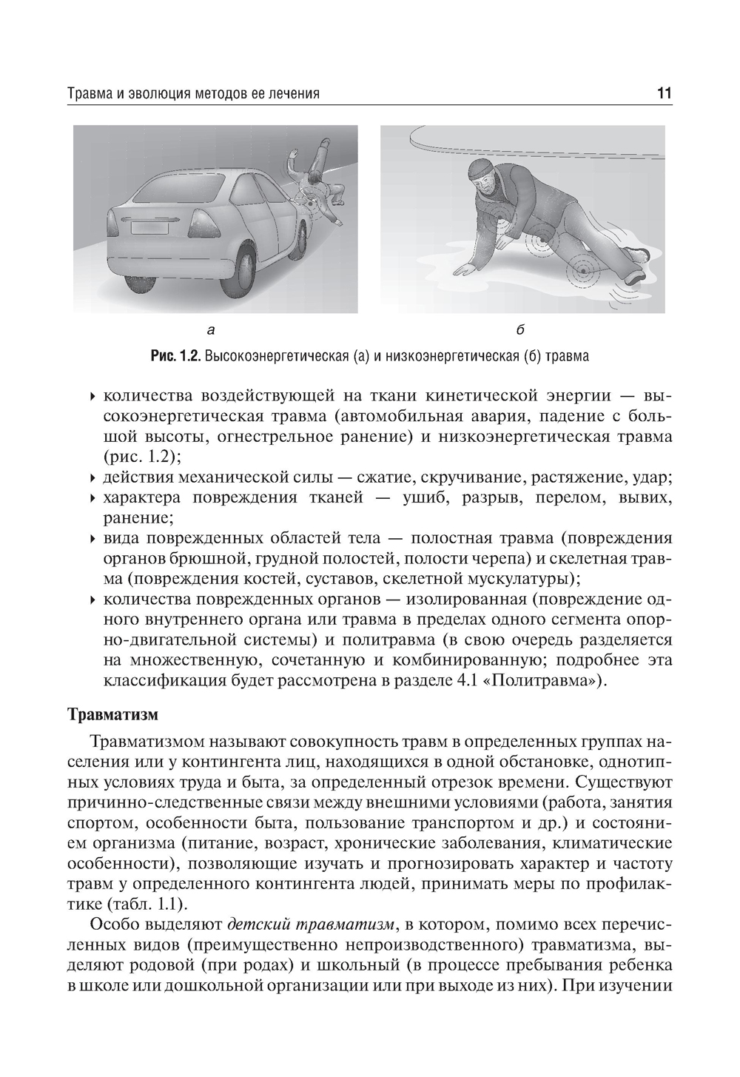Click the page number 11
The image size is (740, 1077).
point(664,94)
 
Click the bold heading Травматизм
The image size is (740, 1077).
point(113,715)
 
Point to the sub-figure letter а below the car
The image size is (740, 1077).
point(211,328)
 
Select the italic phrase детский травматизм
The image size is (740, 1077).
point(311,925)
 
